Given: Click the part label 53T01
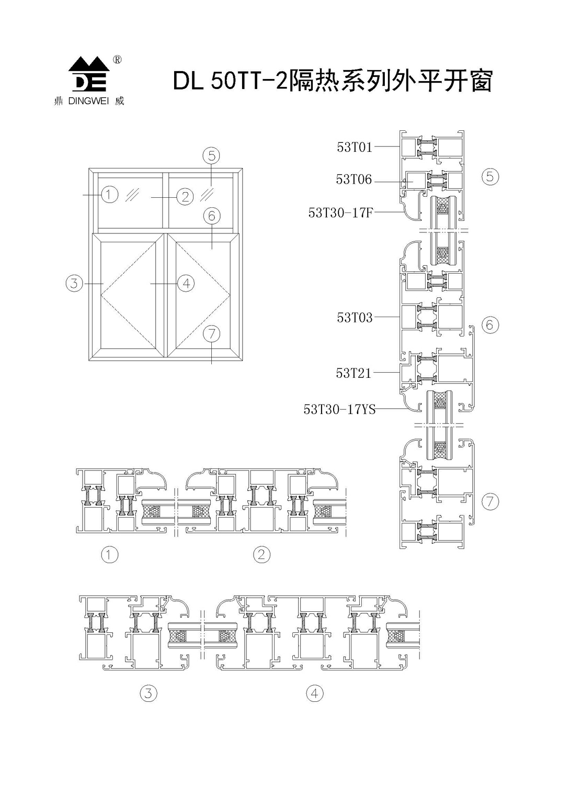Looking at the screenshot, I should click(355, 147).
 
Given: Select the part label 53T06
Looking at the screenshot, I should click(354, 180).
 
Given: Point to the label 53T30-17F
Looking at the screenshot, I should click(340, 212).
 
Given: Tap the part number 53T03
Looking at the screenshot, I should click(355, 318).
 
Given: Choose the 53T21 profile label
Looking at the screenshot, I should click(354, 373).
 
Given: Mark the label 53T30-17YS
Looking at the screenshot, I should click(339, 409).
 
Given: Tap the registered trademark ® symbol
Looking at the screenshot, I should click(118, 60).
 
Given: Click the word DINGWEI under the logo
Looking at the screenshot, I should click(89, 102).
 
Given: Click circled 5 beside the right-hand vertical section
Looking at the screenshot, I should click(490, 176).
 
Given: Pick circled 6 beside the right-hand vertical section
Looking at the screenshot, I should click(489, 325).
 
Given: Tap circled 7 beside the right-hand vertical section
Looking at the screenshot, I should click(490, 502).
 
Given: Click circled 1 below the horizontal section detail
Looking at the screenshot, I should click(109, 554).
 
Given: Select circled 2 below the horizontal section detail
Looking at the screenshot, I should click(261, 554).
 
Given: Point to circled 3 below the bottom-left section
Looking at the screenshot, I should click(149, 693).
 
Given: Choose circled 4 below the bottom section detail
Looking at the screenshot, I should click(314, 693).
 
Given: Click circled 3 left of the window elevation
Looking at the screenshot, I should click(74, 283).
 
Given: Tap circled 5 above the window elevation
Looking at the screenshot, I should click(211, 155).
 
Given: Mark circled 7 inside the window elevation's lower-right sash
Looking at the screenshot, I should click(211, 333).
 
